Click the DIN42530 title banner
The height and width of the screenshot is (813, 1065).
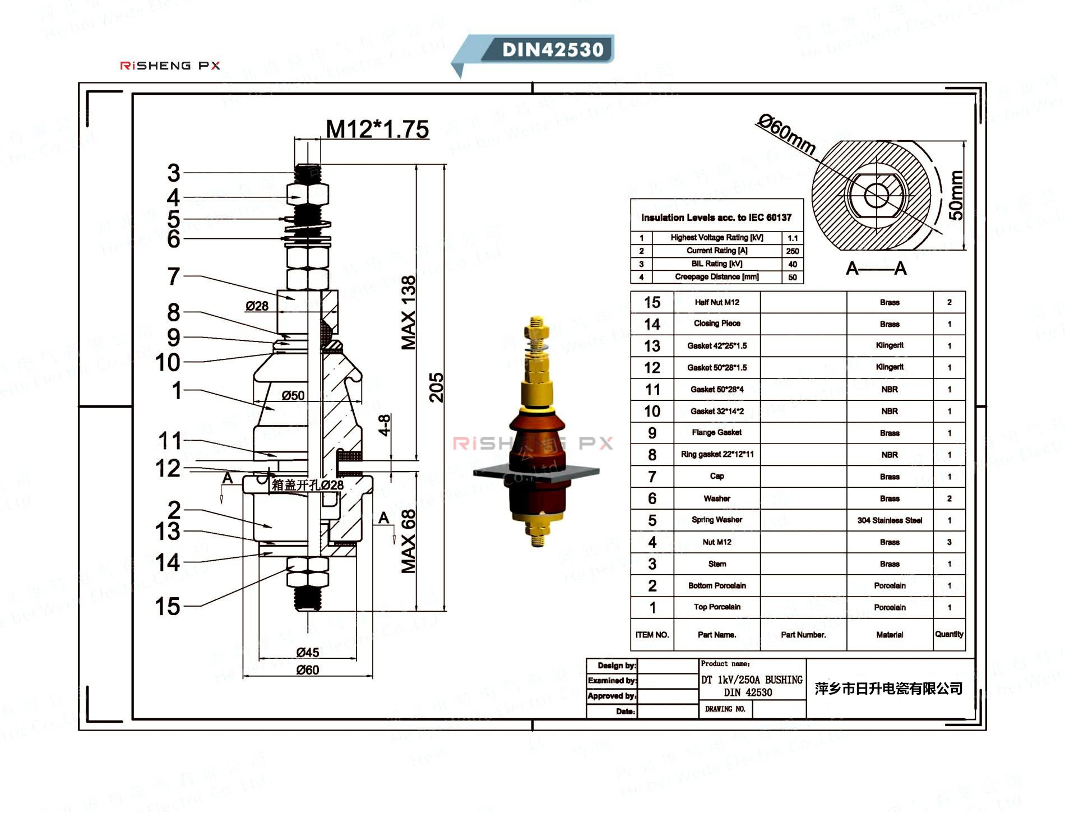(x=552, y=49)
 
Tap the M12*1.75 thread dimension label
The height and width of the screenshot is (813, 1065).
(x=377, y=130)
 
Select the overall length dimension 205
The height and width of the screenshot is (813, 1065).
(x=436, y=387)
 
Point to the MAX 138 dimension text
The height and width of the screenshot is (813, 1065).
(x=409, y=312)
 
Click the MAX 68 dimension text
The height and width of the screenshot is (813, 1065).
(x=409, y=541)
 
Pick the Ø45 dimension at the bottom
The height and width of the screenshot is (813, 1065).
(x=308, y=653)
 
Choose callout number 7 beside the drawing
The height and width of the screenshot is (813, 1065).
(x=174, y=276)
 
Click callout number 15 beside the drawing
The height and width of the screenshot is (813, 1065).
(x=167, y=607)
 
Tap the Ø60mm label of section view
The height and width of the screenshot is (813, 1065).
(x=786, y=135)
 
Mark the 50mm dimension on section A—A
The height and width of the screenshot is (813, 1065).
(x=956, y=196)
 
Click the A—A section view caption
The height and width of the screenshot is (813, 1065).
(x=876, y=269)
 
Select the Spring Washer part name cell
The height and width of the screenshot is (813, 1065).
(x=717, y=520)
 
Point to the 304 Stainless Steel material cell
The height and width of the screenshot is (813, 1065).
(x=890, y=520)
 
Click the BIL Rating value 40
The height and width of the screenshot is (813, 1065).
(x=792, y=264)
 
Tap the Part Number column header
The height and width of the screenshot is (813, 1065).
(x=803, y=635)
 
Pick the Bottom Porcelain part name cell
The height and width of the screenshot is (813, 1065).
(x=717, y=585)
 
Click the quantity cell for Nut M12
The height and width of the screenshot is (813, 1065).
(x=949, y=542)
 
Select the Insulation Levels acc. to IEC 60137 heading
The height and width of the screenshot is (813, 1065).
(x=716, y=218)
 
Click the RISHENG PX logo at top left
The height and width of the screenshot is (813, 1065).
(x=170, y=66)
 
